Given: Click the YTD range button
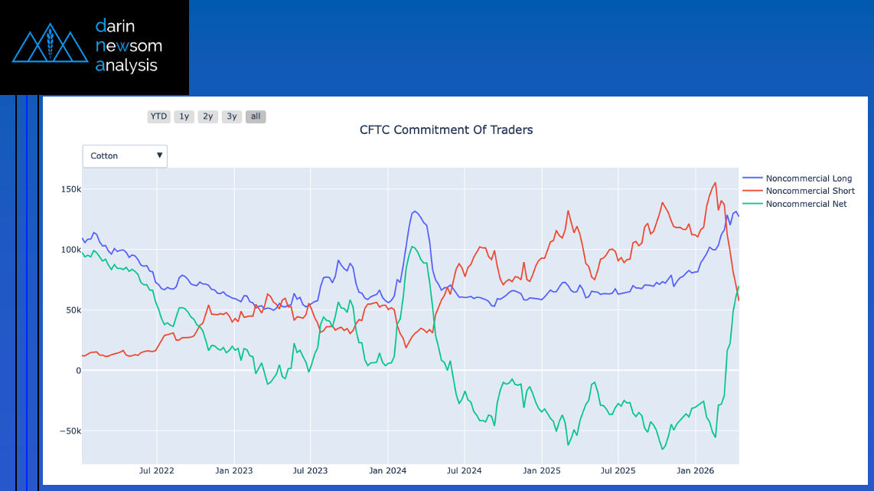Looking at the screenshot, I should click(158, 116).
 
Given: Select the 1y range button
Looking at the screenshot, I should click(183, 116).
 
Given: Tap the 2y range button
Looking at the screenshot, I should click(207, 116).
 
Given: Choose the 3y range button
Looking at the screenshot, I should click(232, 116).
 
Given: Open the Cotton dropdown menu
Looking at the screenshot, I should click(125, 155).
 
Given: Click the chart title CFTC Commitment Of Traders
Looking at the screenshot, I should click(446, 130).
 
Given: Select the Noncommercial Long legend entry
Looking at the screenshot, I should click(808, 178).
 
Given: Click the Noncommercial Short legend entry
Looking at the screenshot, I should click(810, 191).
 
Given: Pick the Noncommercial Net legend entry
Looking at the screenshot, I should click(806, 204).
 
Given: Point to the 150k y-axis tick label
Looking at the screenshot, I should click(71, 189).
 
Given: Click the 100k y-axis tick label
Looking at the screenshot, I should click(71, 250).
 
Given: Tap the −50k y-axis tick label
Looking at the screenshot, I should click(70, 431).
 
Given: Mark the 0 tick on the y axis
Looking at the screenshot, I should click(77, 371).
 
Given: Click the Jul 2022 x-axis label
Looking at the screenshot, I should click(156, 470).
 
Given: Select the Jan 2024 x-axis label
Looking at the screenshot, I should click(386, 470).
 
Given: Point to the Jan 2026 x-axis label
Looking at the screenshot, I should click(693, 470).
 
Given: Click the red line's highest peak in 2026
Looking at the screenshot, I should click(715, 182).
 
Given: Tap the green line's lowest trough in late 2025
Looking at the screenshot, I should click(663, 449).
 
